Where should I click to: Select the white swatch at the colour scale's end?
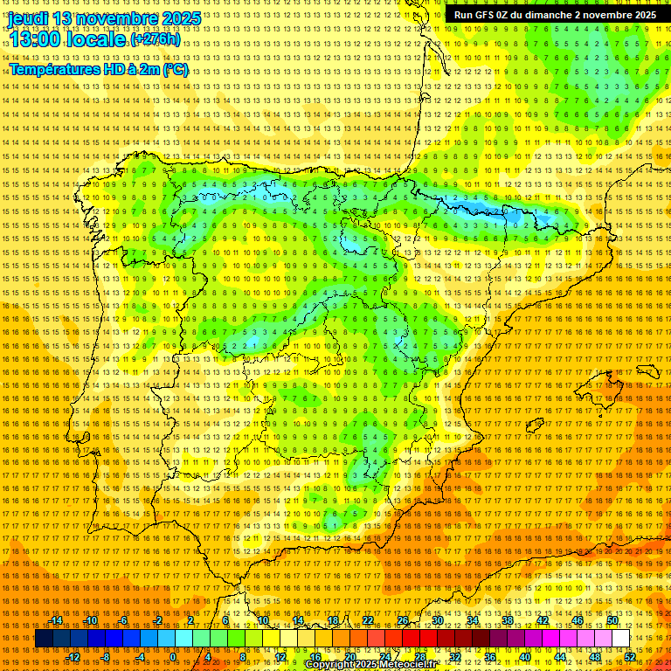click(620, 639)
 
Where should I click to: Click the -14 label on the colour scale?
click(56, 620)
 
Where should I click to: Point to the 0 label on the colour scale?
click(173, 657)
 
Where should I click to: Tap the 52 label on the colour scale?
click(630, 657)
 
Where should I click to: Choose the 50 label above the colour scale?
click(612, 620)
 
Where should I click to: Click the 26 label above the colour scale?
click(403, 620)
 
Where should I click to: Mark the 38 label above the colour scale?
click(508, 620)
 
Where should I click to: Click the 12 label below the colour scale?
click(280, 657)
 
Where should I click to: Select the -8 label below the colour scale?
click(106, 657)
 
